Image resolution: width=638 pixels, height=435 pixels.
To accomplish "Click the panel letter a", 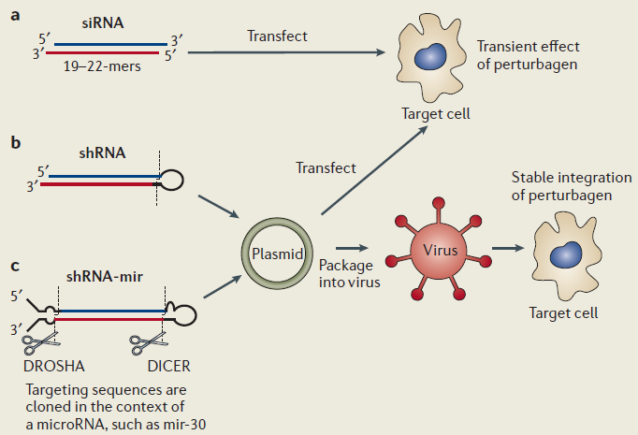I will tap(15, 16).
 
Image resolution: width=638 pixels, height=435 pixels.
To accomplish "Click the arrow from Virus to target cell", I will tap(508, 250).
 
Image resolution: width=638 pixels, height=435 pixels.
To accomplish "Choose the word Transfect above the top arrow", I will tap(277, 36).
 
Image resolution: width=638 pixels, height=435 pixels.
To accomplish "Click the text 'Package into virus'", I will tap(349, 272).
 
